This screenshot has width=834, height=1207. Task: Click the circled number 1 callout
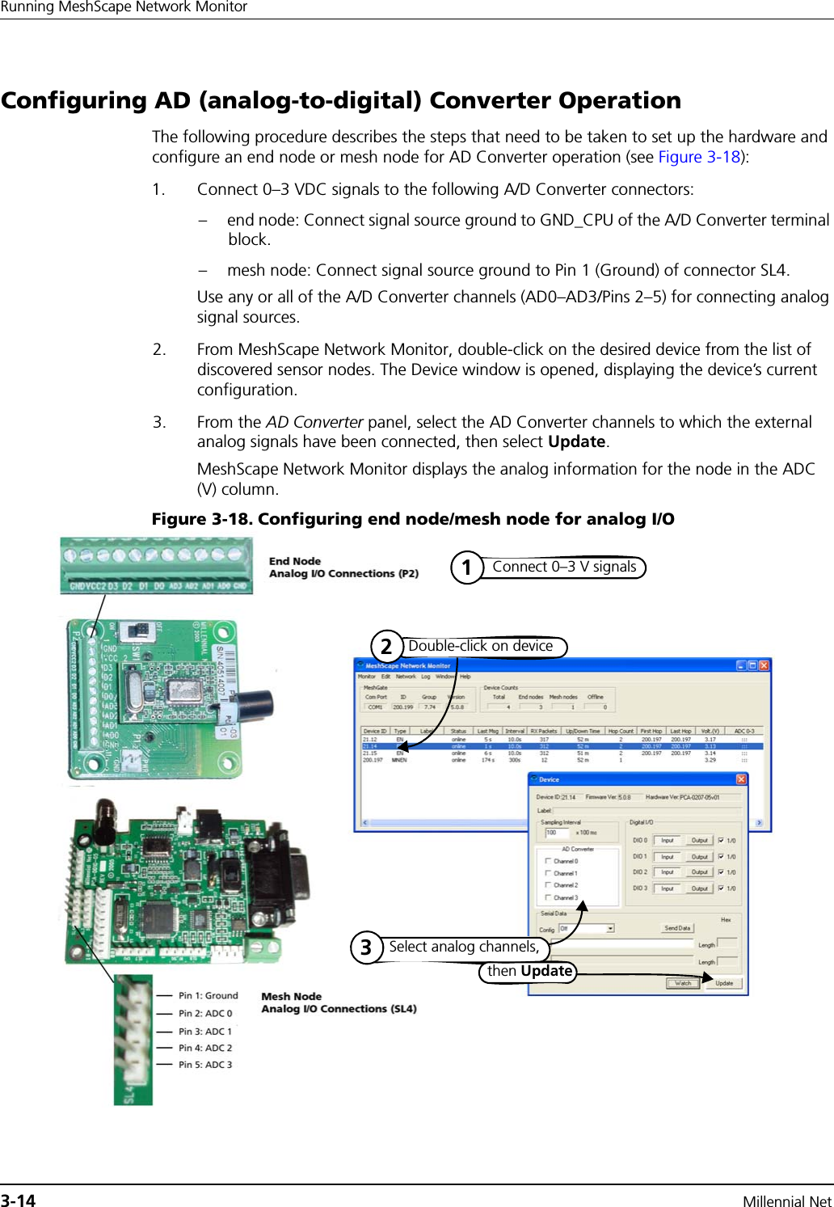[x=466, y=568]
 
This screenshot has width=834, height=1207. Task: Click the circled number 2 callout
[x=386, y=646]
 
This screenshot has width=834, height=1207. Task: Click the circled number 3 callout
[x=366, y=947]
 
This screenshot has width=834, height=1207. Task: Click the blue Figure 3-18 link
[x=699, y=157]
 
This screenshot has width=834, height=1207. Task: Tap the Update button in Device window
[x=723, y=983]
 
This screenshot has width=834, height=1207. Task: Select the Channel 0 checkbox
[x=548, y=861]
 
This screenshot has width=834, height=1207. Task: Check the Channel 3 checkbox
[x=548, y=897]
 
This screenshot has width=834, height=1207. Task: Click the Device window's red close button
[x=740, y=779]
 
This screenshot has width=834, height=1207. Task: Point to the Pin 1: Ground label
[x=208, y=995]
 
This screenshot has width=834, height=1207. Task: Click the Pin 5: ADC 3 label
[x=205, y=1065]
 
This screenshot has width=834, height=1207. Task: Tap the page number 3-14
[x=19, y=1201]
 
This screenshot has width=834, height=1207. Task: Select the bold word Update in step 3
[x=576, y=441]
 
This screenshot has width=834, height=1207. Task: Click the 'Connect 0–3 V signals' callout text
[x=564, y=567]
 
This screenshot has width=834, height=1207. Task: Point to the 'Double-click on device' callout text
[x=480, y=646]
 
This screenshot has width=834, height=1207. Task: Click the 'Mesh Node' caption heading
[x=291, y=996]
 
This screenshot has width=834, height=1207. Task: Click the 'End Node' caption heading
[x=294, y=561]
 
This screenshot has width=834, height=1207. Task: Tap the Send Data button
[x=677, y=928]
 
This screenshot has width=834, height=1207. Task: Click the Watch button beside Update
[x=683, y=983]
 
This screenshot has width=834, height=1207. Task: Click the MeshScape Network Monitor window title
[x=407, y=666]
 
